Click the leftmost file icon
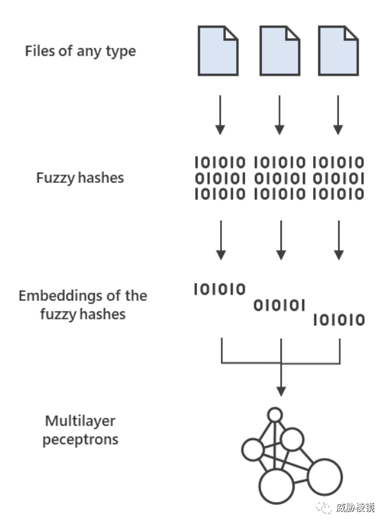(x=218, y=51)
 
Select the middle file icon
(x=280, y=51)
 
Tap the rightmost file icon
(x=338, y=51)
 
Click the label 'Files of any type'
(x=80, y=51)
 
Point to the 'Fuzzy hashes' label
(x=80, y=178)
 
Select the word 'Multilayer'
(x=80, y=421)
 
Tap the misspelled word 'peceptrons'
(x=80, y=439)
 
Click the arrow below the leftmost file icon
(x=220, y=115)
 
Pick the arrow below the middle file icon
(x=280, y=115)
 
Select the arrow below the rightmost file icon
(x=338, y=115)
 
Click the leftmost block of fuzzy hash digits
(x=220, y=178)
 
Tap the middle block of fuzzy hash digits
(x=280, y=178)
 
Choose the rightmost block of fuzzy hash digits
(x=338, y=178)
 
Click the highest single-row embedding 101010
(x=219, y=289)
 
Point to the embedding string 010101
(x=280, y=306)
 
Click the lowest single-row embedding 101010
(x=339, y=320)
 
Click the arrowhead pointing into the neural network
(x=281, y=392)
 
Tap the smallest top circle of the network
(x=275, y=415)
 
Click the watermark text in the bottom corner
(x=355, y=508)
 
